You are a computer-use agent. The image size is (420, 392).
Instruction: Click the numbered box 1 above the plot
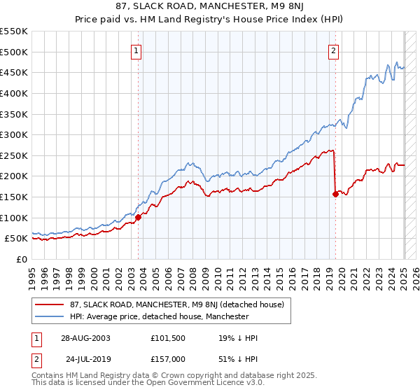tap(136, 50)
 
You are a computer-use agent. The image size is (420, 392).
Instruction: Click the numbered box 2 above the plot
tap(334, 50)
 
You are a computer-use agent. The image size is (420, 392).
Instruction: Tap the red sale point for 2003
tap(139, 217)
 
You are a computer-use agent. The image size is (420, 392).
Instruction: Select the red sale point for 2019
tap(335, 194)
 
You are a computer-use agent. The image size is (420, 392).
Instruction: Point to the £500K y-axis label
tap(14, 52)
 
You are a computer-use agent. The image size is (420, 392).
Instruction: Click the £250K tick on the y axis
tap(14, 155)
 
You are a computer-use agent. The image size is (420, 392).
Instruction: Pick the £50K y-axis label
tap(17, 239)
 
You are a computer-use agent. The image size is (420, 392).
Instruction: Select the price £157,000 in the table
tap(169, 358)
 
